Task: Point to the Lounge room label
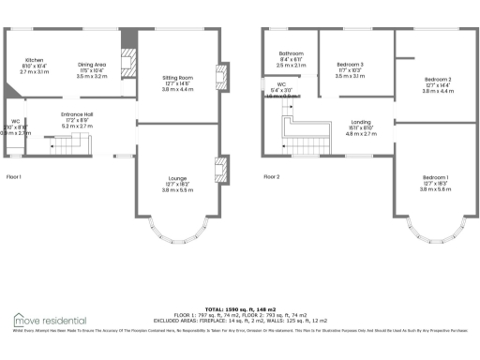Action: (x=177, y=180)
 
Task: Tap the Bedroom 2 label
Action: (x=437, y=79)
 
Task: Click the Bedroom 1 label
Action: (x=435, y=177)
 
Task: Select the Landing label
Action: (x=361, y=123)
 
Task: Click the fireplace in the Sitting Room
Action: (x=221, y=77)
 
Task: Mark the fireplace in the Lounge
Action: (x=221, y=171)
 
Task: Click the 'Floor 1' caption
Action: (x=14, y=177)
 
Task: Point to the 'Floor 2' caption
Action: (x=271, y=177)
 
